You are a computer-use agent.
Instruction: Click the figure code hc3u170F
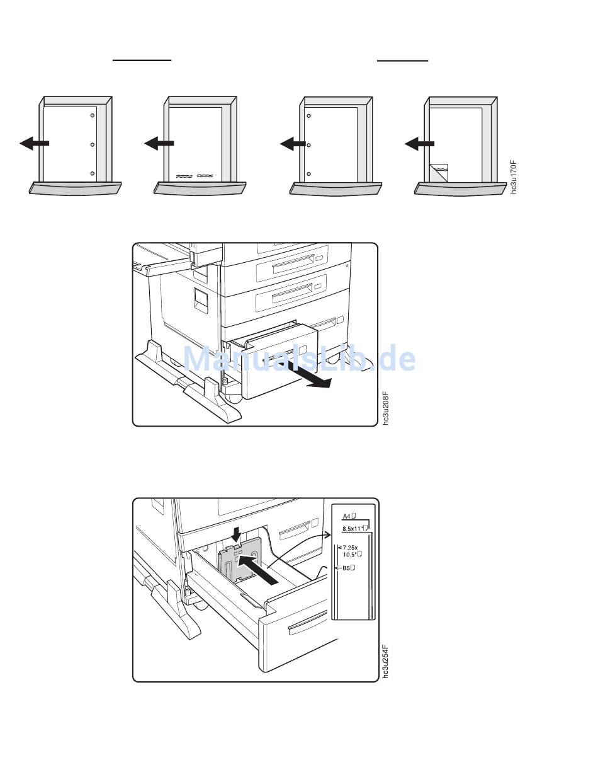click(514, 178)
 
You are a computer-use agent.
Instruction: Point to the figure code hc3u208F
click(385, 409)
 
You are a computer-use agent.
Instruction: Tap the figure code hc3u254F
click(385, 661)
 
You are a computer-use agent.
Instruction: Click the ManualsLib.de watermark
click(299, 358)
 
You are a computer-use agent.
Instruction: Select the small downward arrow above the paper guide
click(235, 536)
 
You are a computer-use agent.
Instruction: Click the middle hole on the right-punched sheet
click(93, 145)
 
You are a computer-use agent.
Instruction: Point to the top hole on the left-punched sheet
click(309, 116)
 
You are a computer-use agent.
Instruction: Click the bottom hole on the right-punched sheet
click(93, 173)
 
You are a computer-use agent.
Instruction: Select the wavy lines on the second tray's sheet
click(195, 176)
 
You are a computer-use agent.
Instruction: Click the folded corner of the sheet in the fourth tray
click(439, 173)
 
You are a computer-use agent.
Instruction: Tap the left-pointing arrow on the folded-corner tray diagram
click(419, 144)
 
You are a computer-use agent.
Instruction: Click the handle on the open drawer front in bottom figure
click(308, 623)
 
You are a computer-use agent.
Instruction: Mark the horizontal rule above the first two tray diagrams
click(142, 61)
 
